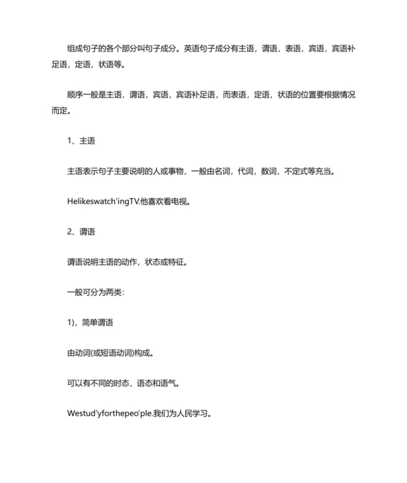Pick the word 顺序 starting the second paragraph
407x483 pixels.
(74, 95)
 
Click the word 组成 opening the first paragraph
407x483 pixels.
(74, 50)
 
